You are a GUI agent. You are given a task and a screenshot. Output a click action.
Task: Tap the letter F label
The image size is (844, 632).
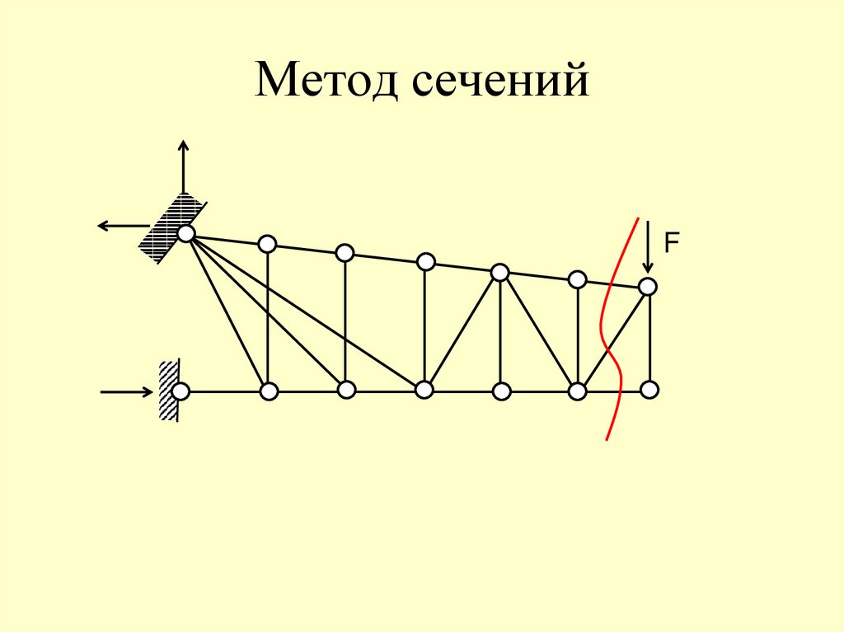click(x=672, y=242)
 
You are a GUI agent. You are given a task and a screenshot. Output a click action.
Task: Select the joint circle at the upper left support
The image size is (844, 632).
click(x=186, y=234)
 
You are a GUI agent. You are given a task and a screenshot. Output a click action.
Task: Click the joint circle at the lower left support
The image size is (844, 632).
click(x=181, y=391)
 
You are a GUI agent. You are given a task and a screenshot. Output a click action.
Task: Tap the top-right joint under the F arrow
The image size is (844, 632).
click(x=648, y=287)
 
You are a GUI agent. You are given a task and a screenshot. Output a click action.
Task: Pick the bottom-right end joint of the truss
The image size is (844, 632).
click(x=650, y=389)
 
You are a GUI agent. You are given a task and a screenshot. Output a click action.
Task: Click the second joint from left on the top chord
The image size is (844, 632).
click(x=267, y=243)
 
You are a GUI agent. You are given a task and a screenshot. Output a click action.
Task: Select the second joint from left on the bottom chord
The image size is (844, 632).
click(x=268, y=391)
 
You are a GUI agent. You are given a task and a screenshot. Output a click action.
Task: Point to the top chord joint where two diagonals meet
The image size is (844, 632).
click(x=499, y=272)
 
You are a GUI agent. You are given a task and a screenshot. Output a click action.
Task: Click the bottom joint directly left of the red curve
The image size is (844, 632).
click(x=577, y=390)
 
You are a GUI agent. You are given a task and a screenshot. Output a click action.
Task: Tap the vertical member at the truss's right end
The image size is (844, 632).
click(x=650, y=338)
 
